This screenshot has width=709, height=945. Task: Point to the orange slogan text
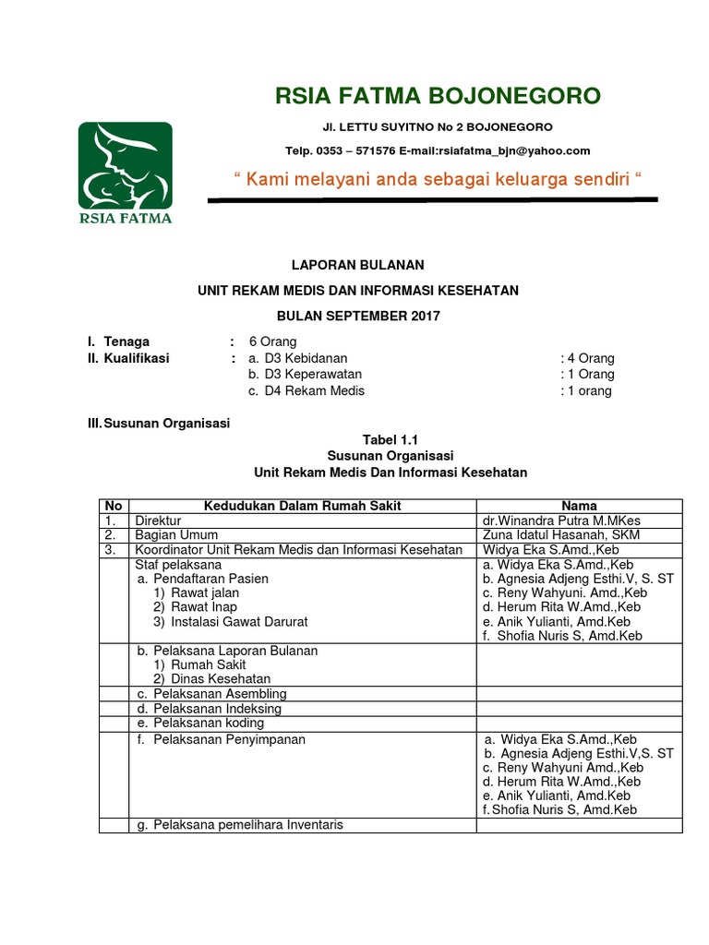click(x=432, y=178)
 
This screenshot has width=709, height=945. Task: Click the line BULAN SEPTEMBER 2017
click(x=358, y=316)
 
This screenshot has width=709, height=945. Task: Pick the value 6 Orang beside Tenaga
click(x=266, y=341)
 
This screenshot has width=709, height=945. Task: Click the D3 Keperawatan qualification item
click(x=305, y=375)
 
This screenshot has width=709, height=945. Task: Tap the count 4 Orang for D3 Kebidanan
click(x=587, y=358)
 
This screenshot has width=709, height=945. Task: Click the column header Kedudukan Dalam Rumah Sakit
click(x=302, y=506)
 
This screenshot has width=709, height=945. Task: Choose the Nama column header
click(x=579, y=506)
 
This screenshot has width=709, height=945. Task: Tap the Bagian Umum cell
click(x=176, y=535)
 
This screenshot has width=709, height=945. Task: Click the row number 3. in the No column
click(x=111, y=550)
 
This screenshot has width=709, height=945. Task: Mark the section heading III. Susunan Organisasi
click(x=157, y=424)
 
